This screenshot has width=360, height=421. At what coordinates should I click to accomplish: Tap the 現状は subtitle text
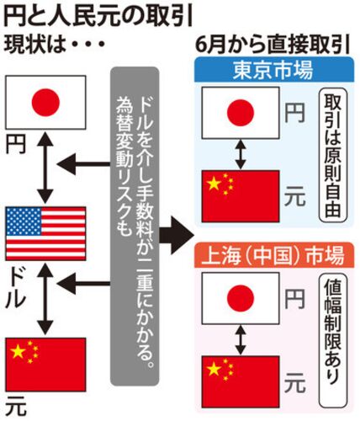[x=36, y=45]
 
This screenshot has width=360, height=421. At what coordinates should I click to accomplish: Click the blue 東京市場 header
[x=273, y=70]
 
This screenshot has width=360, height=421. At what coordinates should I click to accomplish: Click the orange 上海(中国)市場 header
[x=273, y=255]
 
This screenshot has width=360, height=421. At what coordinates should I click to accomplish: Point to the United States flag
[x=45, y=233]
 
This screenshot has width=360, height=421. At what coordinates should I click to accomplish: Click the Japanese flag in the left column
[x=45, y=102]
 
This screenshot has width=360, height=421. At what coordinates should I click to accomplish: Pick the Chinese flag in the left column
[x=45, y=365]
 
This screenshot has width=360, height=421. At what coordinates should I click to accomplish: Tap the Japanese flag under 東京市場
[x=241, y=113]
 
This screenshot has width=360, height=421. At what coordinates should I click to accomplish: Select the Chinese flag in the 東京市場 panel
[x=241, y=196]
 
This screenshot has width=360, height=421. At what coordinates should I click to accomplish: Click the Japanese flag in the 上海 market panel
[x=241, y=298]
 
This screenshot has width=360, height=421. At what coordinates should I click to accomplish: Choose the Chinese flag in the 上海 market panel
[x=241, y=381]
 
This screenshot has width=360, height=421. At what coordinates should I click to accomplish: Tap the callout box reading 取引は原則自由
[x=333, y=157]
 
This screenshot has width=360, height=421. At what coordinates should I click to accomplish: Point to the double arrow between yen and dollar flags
[x=45, y=168]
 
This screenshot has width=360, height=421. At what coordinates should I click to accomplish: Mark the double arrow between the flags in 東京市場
[x=241, y=155]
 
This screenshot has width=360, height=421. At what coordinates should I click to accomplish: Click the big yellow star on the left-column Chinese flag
[x=18, y=351]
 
